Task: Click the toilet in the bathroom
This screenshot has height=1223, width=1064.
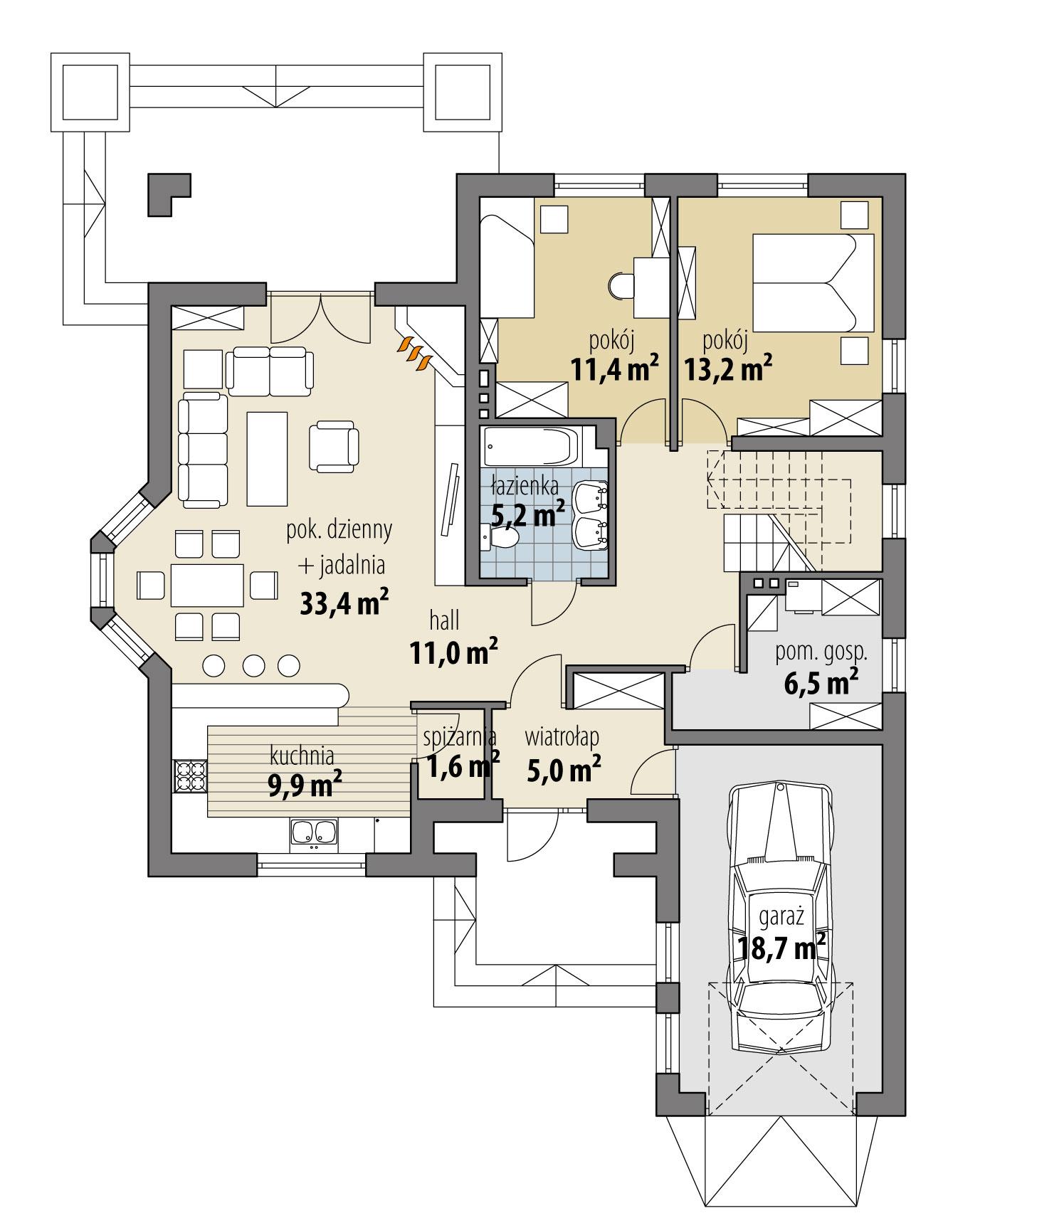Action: (502, 538)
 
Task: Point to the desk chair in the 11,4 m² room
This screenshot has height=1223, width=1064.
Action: (621, 286)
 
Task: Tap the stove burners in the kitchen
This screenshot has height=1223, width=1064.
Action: (190, 776)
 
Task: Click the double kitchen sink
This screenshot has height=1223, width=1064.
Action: (313, 834)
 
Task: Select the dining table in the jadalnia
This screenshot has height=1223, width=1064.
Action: (206, 585)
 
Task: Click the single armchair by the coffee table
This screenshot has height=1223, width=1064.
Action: (333, 445)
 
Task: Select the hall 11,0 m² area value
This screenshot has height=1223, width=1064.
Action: (453, 653)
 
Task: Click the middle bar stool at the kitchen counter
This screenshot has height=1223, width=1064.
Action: (253, 665)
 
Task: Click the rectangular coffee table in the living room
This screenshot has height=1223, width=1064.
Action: (267, 459)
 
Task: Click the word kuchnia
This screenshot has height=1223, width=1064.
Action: (302, 754)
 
